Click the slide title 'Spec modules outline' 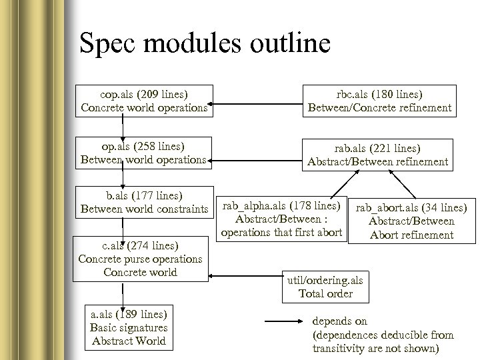coord(204,44)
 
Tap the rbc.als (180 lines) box coord(379,100)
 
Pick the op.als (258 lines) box coord(143,153)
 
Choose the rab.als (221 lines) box coord(377,154)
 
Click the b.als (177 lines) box coord(144,202)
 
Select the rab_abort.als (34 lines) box coord(411,221)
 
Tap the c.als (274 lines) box coord(140,258)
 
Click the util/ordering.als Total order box coord(325,286)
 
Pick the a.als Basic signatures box coord(129,327)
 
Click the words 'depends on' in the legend coord(339,321)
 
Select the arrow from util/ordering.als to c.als coord(247,272)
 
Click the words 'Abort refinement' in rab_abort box coord(411,235)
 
